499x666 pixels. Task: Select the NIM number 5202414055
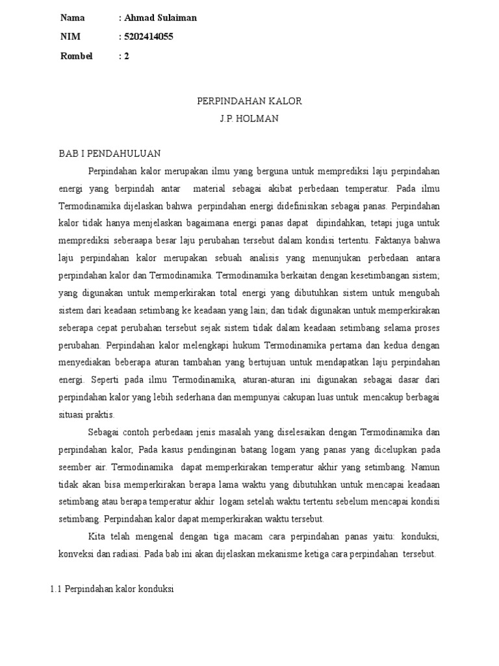(149, 37)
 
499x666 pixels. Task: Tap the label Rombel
(76, 56)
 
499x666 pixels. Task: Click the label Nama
(72, 18)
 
